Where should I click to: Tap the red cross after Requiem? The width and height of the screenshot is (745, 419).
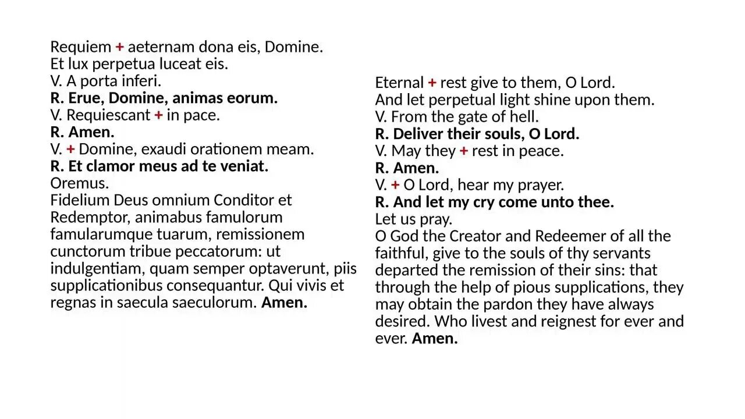119,47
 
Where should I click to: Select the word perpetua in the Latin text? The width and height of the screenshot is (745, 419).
121,64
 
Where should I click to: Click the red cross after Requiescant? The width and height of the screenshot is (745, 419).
158,115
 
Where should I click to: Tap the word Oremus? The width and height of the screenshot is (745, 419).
80,183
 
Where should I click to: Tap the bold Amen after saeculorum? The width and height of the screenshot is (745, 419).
284,303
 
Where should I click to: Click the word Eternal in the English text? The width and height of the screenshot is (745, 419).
399,83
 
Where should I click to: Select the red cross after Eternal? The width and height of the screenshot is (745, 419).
432,83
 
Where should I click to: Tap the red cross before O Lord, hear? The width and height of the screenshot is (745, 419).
395,185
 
